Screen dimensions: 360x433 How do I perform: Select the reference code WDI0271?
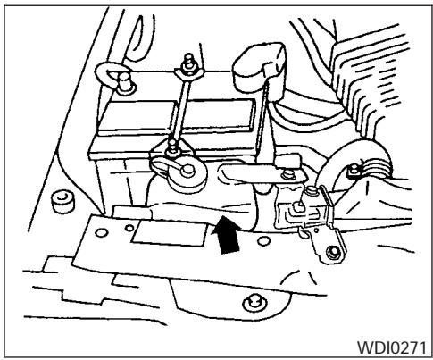pos(391,342)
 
